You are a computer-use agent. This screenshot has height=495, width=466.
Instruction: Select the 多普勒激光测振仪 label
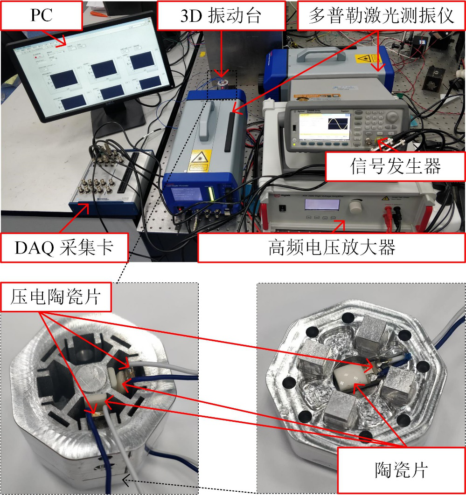coord(381,15)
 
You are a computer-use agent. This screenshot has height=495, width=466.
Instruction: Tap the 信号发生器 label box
coord(395,166)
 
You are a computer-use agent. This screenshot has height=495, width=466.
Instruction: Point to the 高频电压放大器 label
coord(332,247)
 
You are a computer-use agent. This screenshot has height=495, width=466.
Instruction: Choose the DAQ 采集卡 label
coord(64,247)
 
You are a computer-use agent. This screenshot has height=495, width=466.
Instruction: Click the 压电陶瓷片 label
coord(57,296)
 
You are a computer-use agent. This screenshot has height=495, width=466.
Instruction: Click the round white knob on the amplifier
coord(356,206)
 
